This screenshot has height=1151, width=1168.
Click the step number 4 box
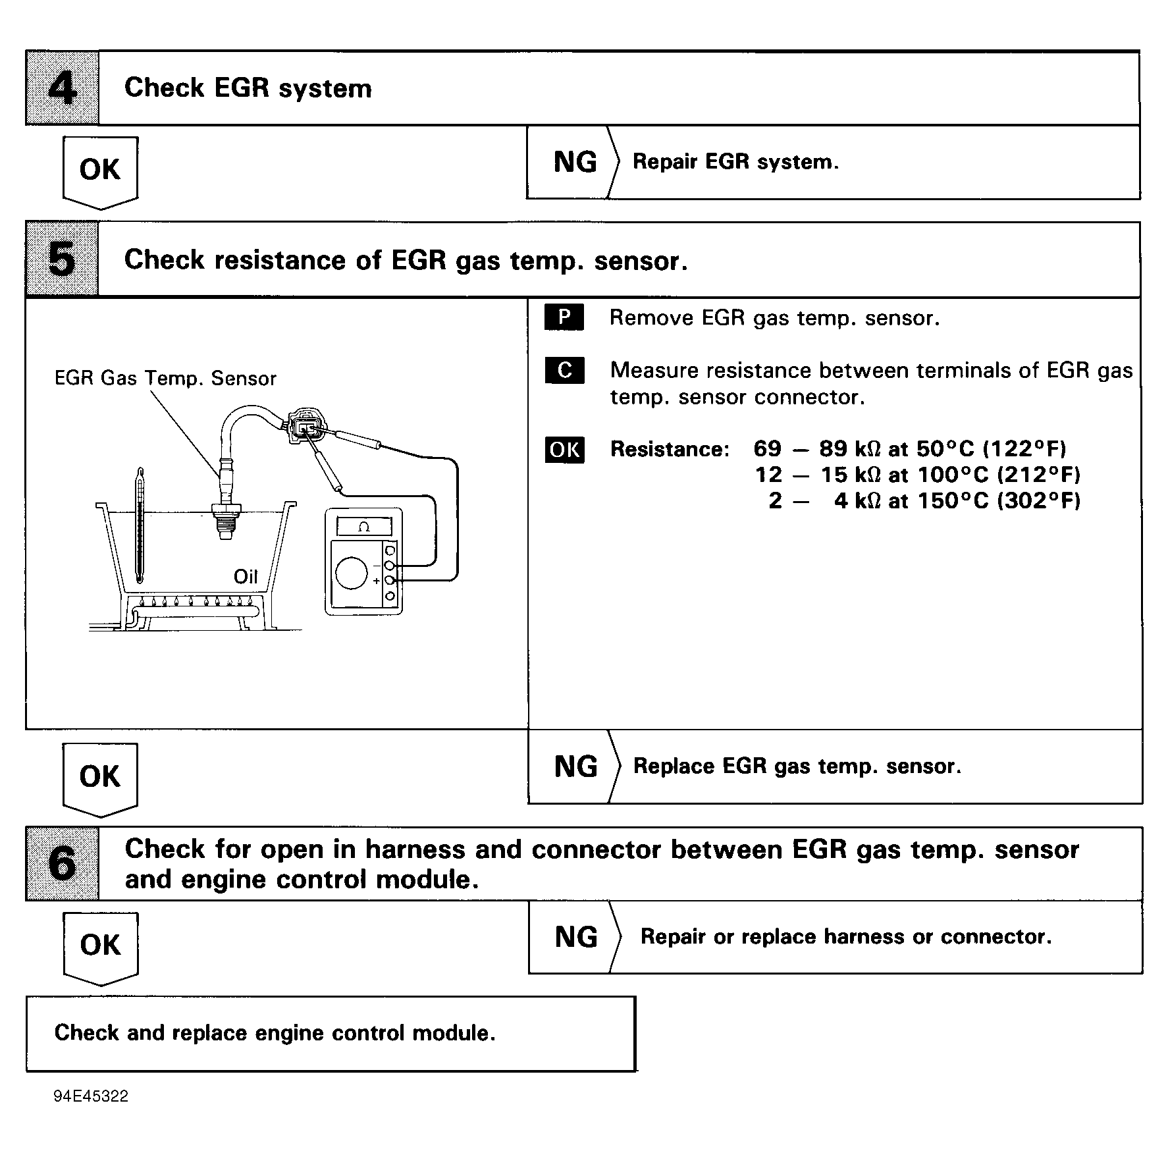click(x=63, y=88)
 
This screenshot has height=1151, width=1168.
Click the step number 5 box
click(x=63, y=259)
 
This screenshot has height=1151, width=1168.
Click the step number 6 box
click(x=63, y=864)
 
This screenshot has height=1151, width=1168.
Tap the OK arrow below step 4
click(x=100, y=171)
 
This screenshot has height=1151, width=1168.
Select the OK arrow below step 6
click(x=101, y=946)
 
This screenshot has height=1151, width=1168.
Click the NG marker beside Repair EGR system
click(x=575, y=163)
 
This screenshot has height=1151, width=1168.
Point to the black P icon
click(x=564, y=317)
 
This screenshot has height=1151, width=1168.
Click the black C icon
click(x=564, y=370)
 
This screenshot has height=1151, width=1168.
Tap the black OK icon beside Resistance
click(x=564, y=450)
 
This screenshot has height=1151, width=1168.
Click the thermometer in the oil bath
click(x=140, y=527)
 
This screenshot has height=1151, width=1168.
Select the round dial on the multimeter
click(x=351, y=573)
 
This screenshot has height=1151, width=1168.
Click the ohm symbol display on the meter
click(x=364, y=526)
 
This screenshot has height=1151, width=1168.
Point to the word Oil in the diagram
click(x=246, y=577)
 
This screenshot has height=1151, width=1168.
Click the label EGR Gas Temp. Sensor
click(x=165, y=379)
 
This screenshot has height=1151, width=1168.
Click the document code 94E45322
click(x=92, y=1096)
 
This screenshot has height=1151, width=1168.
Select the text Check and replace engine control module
click(x=275, y=1032)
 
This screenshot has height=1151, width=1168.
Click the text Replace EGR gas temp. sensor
click(x=797, y=766)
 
